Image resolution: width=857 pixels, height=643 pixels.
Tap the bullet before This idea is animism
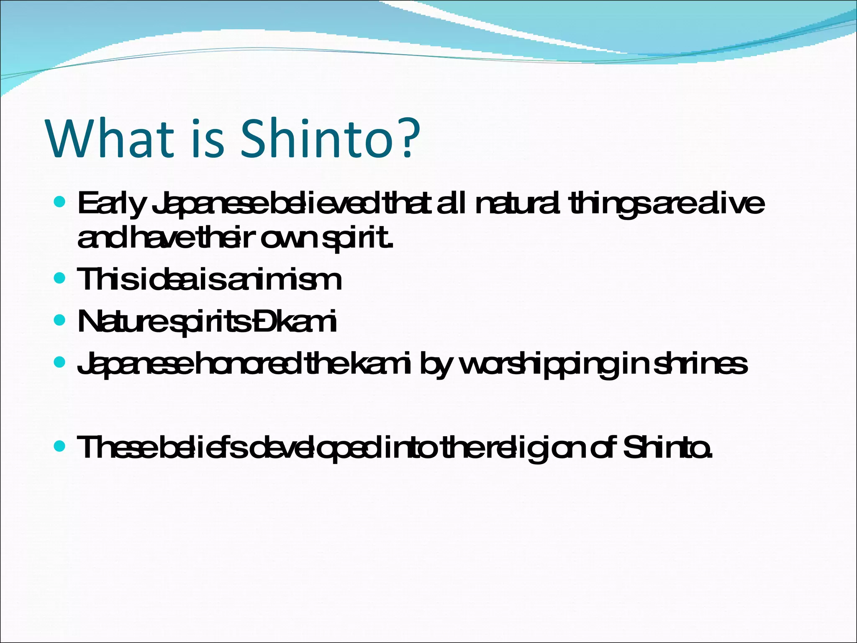click(60, 278)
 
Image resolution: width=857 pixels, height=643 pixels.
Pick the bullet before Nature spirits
click(60, 321)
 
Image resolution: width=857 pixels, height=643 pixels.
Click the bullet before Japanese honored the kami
click(60, 362)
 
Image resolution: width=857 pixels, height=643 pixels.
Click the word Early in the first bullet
click(111, 204)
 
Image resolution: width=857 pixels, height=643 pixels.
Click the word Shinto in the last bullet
click(667, 448)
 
